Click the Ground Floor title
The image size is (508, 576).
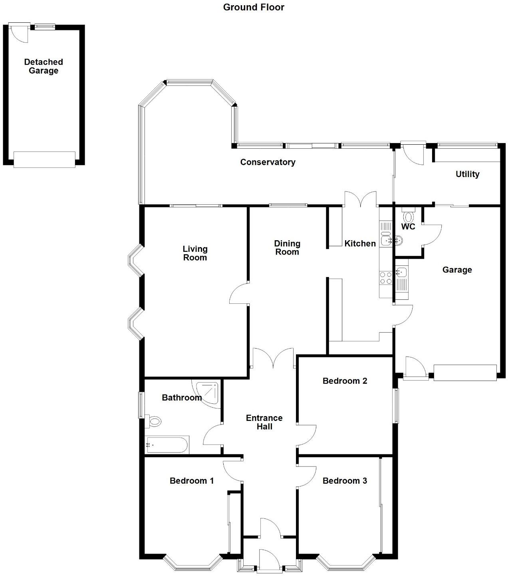pos(254,7)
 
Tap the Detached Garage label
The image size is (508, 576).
pos(44,66)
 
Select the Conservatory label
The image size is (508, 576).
pos(268,162)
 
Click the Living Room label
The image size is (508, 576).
pos(195,253)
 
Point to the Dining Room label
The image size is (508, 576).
pos(287,247)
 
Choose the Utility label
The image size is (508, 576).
pos(467,174)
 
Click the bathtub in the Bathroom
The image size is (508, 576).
pos(167,444)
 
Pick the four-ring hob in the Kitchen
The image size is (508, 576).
pos(386,278)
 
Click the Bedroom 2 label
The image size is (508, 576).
pos(345,381)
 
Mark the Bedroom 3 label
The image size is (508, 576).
pos(345,480)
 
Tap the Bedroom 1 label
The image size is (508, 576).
pos(192,480)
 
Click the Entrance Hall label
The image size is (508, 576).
pos(264,422)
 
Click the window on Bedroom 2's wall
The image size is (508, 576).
pos(395,406)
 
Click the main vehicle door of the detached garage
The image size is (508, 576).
pos(44,159)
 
